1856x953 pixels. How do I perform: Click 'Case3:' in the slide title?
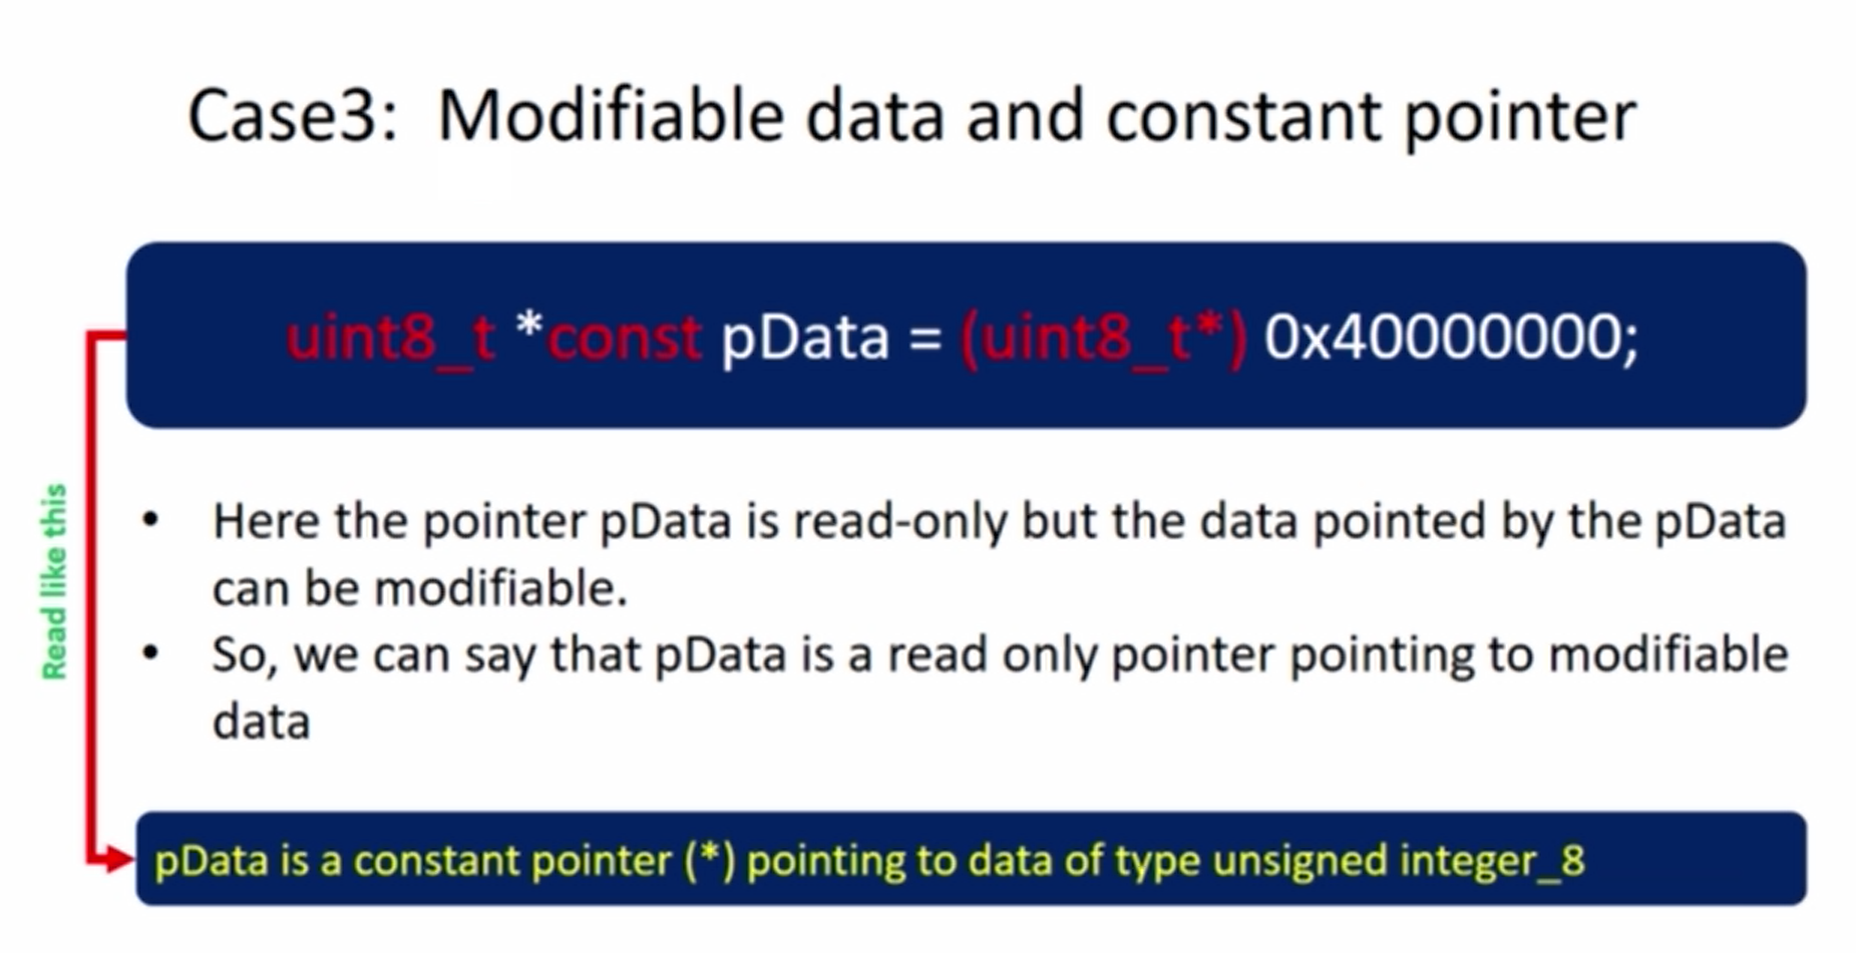(292, 116)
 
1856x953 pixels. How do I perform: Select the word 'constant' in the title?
(1243, 116)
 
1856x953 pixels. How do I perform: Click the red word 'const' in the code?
(625, 337)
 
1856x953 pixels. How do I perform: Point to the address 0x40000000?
(1451, 337)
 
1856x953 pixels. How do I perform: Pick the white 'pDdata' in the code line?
(804, 338)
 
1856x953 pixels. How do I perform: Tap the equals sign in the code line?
(925, 338)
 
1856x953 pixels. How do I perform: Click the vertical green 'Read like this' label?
(54, 582)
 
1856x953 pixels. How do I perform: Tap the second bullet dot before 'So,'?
(151, 654)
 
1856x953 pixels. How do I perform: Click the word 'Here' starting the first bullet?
(266, 521)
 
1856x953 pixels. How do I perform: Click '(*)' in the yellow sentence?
(709, 860)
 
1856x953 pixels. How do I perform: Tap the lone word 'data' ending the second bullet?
(261, 721)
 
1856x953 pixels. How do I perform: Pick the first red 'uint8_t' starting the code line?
(390, 337)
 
